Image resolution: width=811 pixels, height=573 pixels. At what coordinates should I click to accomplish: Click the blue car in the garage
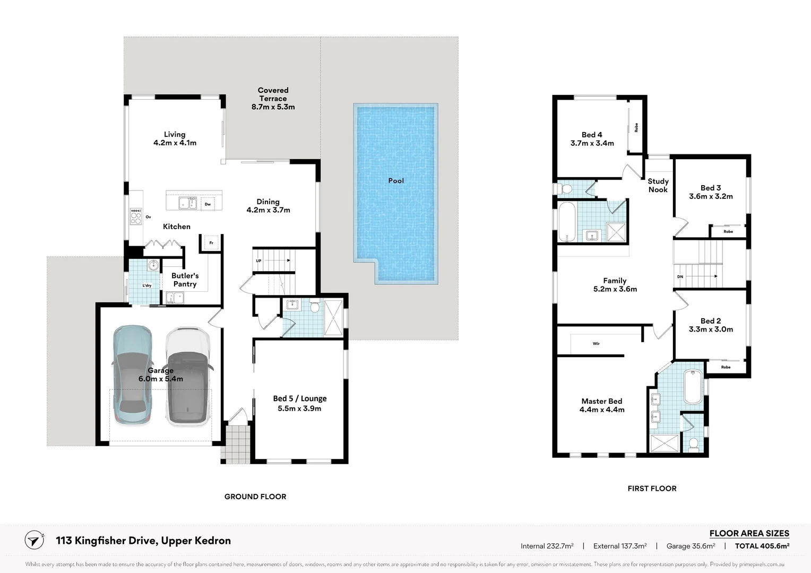coord(132,375)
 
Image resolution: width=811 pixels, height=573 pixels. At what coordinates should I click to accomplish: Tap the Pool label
coord(396,180)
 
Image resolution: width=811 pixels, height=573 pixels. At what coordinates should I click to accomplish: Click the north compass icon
coord(34,541)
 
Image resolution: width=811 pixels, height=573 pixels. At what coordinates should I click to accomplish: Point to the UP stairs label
coord(258,261)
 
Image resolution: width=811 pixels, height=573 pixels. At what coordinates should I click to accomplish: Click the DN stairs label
coord(680,276)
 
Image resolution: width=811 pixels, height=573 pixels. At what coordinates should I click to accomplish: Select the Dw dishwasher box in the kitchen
coord(208,204)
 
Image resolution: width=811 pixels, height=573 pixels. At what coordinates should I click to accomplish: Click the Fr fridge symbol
coord(211,243)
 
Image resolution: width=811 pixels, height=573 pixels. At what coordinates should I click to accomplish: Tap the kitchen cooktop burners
coord(136,216)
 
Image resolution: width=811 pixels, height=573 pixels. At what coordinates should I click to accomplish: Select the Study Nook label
coord(658,185)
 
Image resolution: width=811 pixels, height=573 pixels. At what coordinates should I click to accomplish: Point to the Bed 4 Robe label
coord(636,127)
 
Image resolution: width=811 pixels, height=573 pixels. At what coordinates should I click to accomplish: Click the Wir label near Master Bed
coord(596,343)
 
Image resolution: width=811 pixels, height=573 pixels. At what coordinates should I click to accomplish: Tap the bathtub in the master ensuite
coord(693,387)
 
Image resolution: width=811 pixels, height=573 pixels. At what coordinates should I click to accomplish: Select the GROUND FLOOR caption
coord(255,497)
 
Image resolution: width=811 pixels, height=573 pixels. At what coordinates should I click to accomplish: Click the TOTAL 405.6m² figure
coord(762,546)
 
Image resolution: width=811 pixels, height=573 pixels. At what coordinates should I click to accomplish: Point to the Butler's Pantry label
coord(185,280)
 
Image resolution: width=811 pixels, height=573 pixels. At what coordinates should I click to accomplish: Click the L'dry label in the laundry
coord(146,285)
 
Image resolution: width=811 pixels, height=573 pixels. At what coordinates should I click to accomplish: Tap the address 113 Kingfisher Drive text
coord(107,541)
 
